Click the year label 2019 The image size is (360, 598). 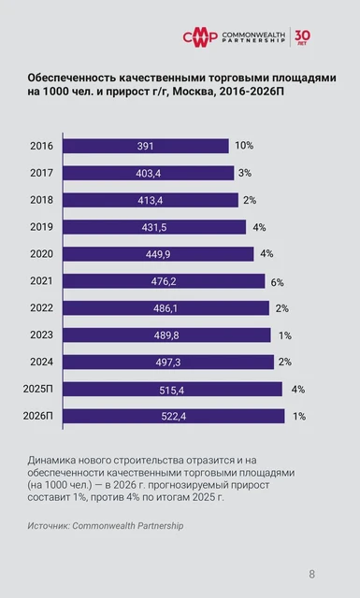[x=41, y=227]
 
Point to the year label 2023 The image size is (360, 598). [x=41, y=335]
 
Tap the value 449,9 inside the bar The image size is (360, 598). [x=153, y=254]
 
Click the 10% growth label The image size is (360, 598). [x=244, y=146]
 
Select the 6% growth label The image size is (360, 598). [x=278, y=281]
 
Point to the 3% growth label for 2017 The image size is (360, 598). [x=245, y=173]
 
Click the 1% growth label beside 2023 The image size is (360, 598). [x=285, y=335]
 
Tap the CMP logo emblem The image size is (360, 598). [x=199, y=36]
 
